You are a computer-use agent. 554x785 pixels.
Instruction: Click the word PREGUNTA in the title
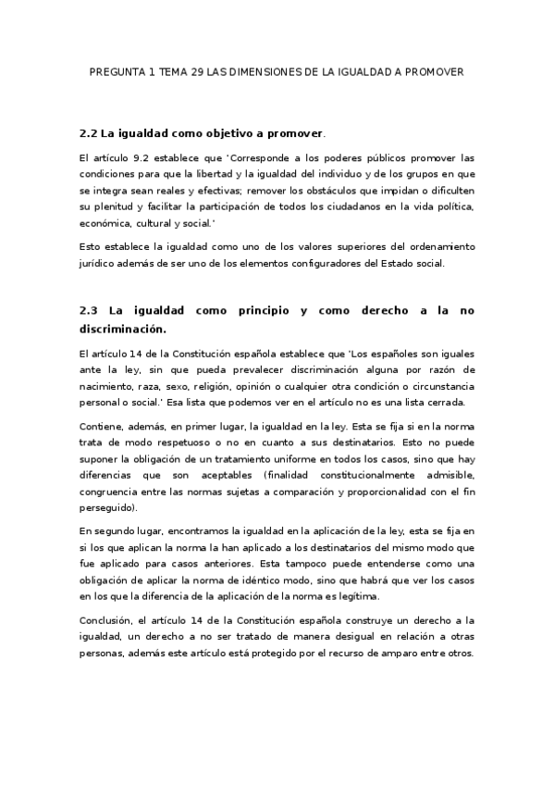116,70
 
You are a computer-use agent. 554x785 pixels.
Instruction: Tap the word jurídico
100,263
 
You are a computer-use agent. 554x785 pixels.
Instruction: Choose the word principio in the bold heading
254,310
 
